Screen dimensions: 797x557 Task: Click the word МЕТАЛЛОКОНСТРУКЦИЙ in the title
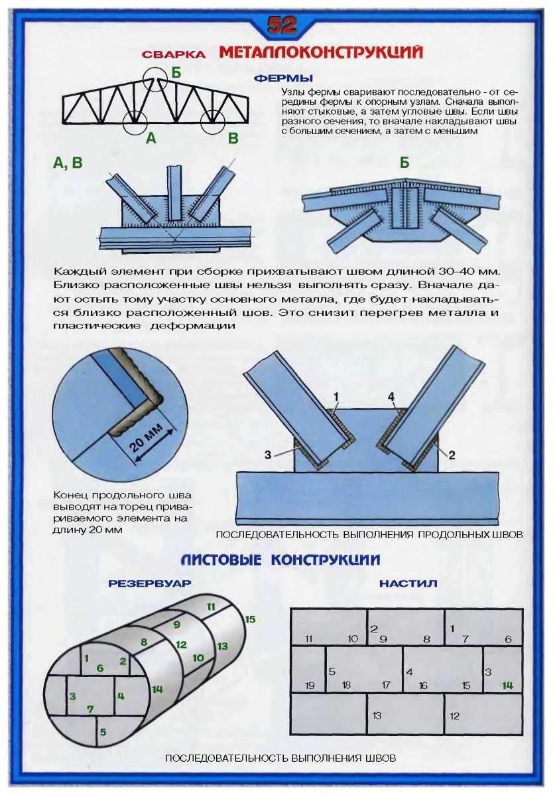point(320,53)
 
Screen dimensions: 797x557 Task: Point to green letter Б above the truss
point(176,73)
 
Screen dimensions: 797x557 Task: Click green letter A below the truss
point(151,139)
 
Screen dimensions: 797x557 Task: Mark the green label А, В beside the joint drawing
point(68,163)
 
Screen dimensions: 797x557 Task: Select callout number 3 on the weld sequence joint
point(268,455)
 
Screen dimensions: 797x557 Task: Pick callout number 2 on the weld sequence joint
point(452,455)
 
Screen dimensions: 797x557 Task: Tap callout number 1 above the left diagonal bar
point(336,397)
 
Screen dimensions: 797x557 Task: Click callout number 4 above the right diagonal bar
point(391,397)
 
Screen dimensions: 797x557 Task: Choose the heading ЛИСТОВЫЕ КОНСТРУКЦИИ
point(280,560)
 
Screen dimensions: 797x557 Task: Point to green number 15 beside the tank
point(250,619)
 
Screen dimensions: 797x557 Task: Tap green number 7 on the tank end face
point(90,709)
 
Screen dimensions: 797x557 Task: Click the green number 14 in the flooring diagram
point(507,686)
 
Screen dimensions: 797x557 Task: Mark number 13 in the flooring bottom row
point(377,715)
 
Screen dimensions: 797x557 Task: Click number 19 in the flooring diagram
point(309,686)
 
